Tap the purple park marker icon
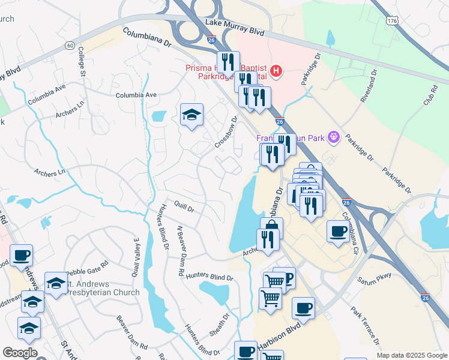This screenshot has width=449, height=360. pyautogui.click(x=334, y=139)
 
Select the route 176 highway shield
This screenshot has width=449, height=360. pyautogui.click(x=393, y=21)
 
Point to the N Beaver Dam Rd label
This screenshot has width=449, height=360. pyautogui.click(x=179, y=251)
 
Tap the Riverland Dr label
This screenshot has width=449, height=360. pyautogui.click(x=369, y=86)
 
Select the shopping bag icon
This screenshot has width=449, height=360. pyautogui.click(x=271, y=227)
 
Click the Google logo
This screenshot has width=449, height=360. pyautogui.click(x=20, y=353)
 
